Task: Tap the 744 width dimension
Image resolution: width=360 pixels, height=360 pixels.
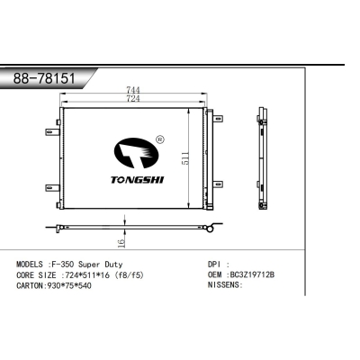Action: [x=131, y=89]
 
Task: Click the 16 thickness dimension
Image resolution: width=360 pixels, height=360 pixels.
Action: [x=120, y=242]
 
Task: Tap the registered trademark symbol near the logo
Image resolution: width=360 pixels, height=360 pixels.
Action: [x=160, y=139]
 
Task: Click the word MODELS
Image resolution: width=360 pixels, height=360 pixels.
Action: [x=33, y=265]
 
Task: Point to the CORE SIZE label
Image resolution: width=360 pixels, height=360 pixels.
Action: [x=40, y=274]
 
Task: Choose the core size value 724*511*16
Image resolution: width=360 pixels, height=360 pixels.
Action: [x=96, y=274]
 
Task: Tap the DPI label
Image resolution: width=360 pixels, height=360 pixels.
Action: [x=202, y=265]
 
